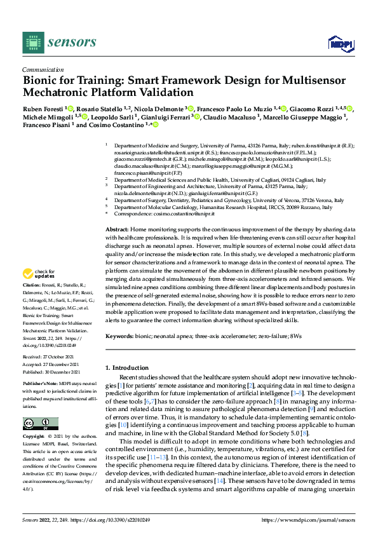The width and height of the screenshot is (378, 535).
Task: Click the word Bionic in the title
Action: (41, 81)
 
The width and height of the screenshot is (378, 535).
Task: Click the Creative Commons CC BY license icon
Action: (40, 424)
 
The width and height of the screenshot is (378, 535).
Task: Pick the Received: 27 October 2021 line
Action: (48, 358)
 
